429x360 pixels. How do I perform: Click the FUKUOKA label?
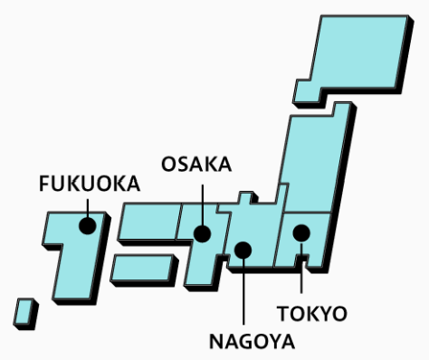click(x=90, y=184)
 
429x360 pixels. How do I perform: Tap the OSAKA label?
click(x=196, y=165)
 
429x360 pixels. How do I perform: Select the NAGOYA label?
click(x=252, y=342)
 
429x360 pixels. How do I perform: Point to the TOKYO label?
click(x=312, y=314)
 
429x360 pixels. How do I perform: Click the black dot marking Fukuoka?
click(x=88, y=225)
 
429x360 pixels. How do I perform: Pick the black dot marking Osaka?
click(x=202, y=233)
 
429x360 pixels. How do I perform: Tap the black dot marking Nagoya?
click(x=243, y=250)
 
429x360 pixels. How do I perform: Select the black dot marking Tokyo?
click(x=301, y=233)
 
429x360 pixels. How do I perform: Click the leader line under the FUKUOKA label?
click(x=88, y=208)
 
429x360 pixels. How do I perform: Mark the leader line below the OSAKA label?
click(x=203, y=205)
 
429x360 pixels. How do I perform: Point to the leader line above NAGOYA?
click(x=243, y=291)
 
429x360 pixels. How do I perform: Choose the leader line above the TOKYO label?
click(x=301, y=268)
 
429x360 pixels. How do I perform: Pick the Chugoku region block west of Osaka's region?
click(x=149, y=222)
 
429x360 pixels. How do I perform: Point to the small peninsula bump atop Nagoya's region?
click(x=245, y=198)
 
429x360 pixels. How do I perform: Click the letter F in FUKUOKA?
click(x=44, y=184)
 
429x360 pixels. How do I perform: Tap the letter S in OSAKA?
click(x=183, y=165)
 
